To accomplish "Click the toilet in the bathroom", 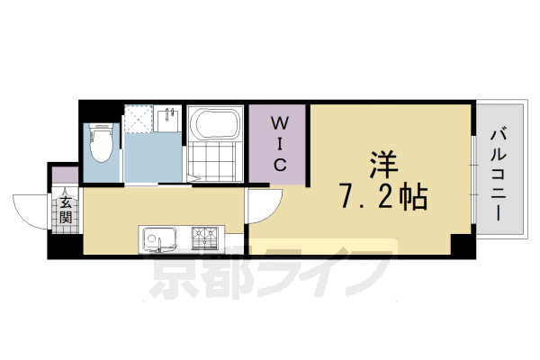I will (x=101, y=141).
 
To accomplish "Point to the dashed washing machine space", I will (x=139, y=121).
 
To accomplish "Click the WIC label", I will (x=280, y=143).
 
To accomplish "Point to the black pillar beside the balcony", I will (x=463, y=244).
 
